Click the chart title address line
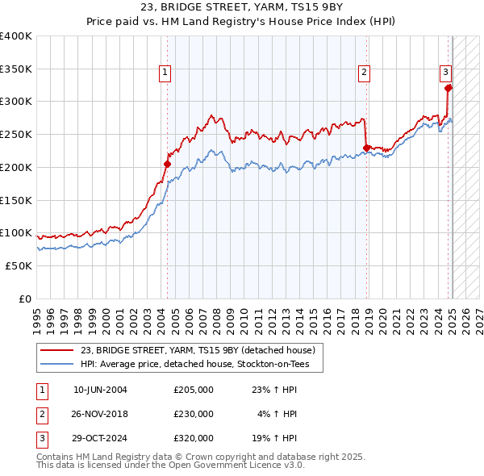(x=241, y=10)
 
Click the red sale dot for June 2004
(x=168, y=164)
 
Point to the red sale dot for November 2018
(x=367, y=148)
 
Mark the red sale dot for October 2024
(x=449, y=88)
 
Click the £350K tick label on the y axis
(x=16, y=69)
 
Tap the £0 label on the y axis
(x=24, y=299)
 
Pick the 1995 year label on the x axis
(x=37, y=315)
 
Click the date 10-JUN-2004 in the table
(x=100, y=389)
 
